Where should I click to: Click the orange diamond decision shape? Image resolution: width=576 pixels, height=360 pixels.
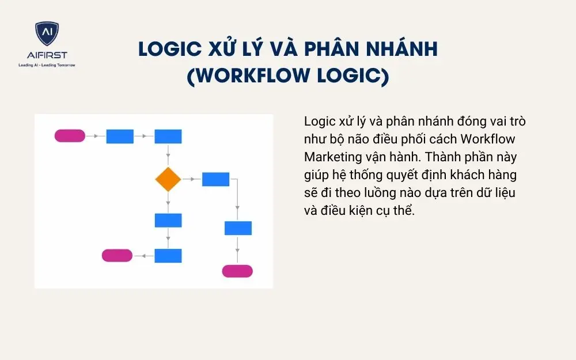(168, 180)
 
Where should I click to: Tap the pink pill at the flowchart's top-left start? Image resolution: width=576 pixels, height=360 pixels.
(70, 136)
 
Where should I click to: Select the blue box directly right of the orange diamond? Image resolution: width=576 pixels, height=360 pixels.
(215, 179)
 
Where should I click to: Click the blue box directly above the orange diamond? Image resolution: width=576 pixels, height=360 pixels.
(168, 137)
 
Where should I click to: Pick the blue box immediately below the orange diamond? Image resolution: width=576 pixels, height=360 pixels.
(168, 220)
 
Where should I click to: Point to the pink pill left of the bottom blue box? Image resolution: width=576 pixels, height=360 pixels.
(117, 255)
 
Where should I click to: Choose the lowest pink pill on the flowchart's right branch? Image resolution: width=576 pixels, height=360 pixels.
(237, 271)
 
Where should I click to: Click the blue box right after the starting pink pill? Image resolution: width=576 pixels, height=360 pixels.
(120, 137)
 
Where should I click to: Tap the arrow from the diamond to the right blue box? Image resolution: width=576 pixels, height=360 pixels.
(191, 180)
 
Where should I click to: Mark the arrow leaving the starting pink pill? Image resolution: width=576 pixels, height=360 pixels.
(96, 137)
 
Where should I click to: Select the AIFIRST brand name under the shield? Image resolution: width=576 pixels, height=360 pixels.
(46, 55)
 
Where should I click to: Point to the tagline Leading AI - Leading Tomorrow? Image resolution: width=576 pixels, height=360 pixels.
(46, 65)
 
